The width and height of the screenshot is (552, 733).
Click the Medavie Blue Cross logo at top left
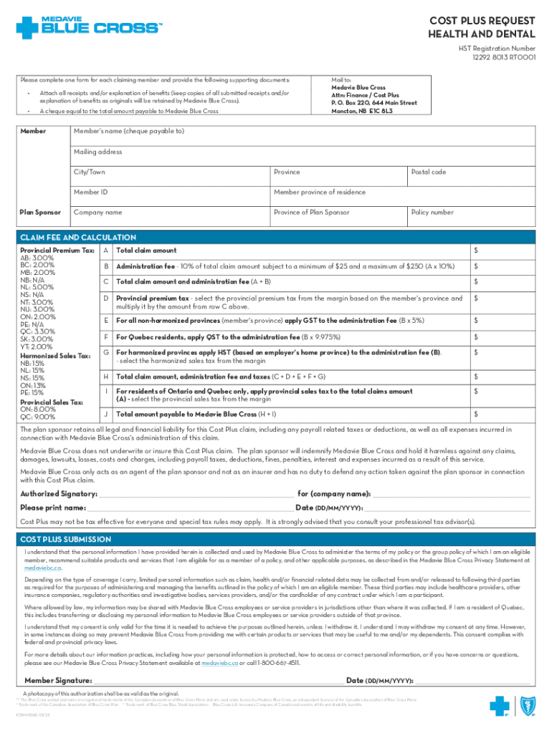(x=89, y=26)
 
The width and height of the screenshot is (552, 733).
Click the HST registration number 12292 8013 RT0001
(x=502, y=57)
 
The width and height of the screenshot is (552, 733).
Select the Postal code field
(x=471, y=177)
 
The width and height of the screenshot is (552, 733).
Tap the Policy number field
(x=471, y=217)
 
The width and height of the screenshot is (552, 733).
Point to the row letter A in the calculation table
(x=105, y=251)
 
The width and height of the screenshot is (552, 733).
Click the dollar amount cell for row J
(x=501, y=414)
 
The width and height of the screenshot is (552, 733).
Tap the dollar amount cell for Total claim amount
(x=501, y=251)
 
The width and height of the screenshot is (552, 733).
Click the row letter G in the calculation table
(x=105, y=352)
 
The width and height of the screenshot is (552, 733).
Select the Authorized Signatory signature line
(x=195, y=494)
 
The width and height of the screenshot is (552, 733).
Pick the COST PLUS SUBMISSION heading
(x=65, y=539)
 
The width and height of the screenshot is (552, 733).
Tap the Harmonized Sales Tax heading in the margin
(x=55, y=356)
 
